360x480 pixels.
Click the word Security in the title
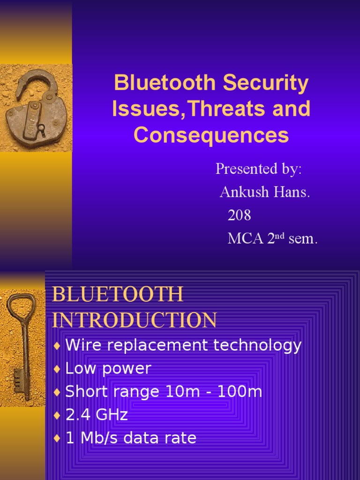[266, 83]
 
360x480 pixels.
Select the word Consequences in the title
[211, 135]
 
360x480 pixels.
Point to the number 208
[239, 215]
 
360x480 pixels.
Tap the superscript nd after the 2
[280, 235]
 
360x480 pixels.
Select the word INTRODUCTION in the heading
[135, 320]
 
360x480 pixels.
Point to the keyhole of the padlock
[41, 127]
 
